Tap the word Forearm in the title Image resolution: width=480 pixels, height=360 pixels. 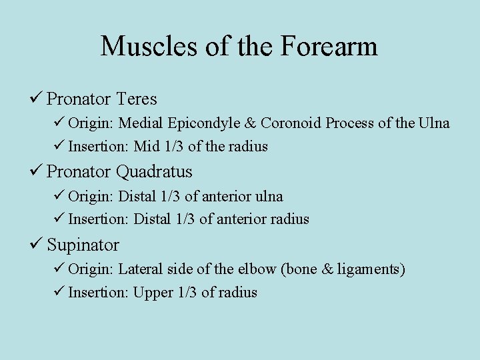click(x=329, y=47)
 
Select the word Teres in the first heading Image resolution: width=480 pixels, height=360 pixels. click(x=136, y=99)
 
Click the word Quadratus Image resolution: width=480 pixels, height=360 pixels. click(x=154, y=172)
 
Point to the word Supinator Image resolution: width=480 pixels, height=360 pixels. click(x=83, y=245)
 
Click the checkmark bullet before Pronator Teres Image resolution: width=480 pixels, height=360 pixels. click(x=36, y=99)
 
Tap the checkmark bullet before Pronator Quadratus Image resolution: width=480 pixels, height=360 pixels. click(x=36, y=172)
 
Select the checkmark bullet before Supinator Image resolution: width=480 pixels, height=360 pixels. click(x=36, y=245)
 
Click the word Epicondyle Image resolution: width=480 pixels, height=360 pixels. click(x=207, y=124)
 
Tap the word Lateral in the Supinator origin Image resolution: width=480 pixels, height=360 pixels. click(x=141, y=270)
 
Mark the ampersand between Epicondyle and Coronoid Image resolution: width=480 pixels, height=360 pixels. click(x=251, y=124)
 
